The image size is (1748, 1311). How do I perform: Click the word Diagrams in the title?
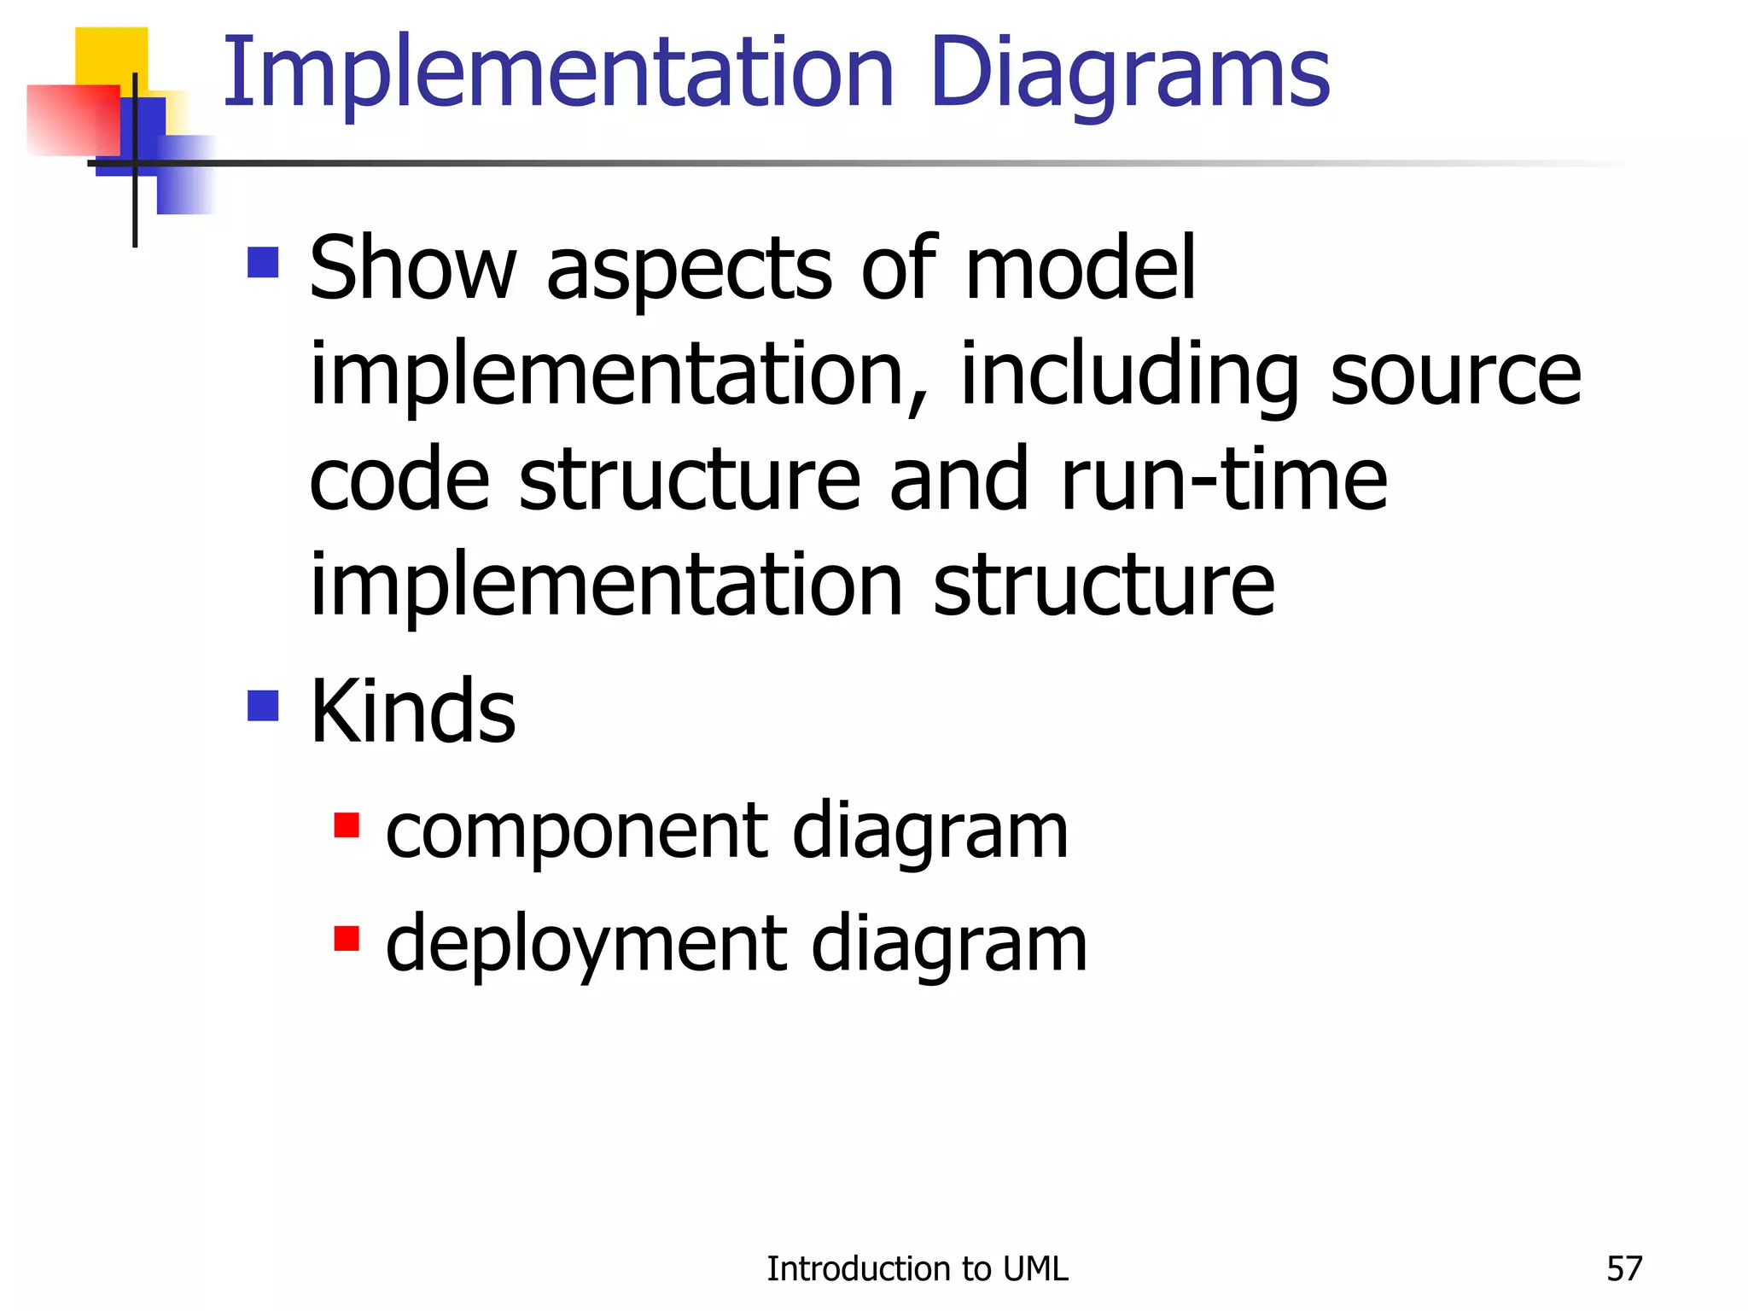(1130, 75)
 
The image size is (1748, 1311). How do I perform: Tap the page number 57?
(1623, 1269)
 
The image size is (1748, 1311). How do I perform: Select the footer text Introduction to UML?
(917, 1269)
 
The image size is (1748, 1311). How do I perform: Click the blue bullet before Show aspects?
(263, 263)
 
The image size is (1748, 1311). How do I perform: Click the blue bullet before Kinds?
(263, 706)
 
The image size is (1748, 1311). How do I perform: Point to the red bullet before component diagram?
(347, 825)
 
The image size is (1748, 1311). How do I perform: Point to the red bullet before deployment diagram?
(347, 938)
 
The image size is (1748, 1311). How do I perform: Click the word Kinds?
(412, 711)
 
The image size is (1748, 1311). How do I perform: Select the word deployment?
(586, 946)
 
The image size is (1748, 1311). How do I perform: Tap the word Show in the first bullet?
(412, 269)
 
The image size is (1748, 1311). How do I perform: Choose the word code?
(399, 481)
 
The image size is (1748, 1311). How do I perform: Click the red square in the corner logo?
(73, 119)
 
